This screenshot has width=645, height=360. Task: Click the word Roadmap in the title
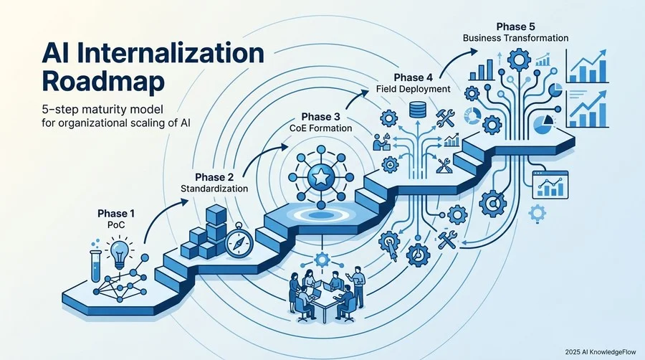[103, 82]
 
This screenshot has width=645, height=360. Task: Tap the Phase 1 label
[116, 214]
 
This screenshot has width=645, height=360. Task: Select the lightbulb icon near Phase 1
[120, 253]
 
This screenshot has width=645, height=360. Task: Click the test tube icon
[96, 266]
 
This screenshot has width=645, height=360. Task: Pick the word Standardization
[214, 189]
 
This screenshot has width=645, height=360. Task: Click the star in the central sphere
[320, 177]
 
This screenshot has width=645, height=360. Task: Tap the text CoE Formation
[321, 128]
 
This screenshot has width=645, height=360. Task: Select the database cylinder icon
[417, 110]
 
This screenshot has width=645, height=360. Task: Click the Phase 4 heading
[414, 77]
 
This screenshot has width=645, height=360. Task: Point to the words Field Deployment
[413, 89]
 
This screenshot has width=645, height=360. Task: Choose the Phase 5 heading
[515, 27]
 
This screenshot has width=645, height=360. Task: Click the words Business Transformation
[515, 38]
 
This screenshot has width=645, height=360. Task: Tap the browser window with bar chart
[550, 185]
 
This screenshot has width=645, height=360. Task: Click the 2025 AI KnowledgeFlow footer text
[600, 352]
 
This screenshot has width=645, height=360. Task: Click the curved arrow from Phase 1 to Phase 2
[163, 217]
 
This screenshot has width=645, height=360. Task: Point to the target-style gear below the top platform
[492, 204]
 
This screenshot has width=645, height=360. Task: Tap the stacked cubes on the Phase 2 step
[204, 232]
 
